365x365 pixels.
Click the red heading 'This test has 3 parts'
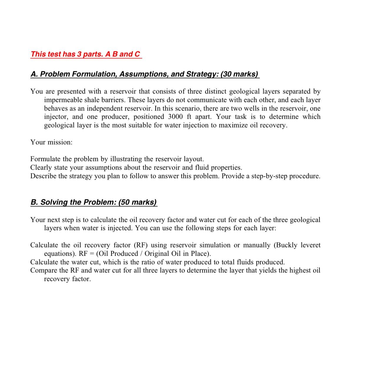(x=86, y=54)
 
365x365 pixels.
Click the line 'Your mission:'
(x=51, y=142)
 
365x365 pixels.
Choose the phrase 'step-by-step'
(x=269, y=176)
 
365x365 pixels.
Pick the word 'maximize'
(x=217, y=125)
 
